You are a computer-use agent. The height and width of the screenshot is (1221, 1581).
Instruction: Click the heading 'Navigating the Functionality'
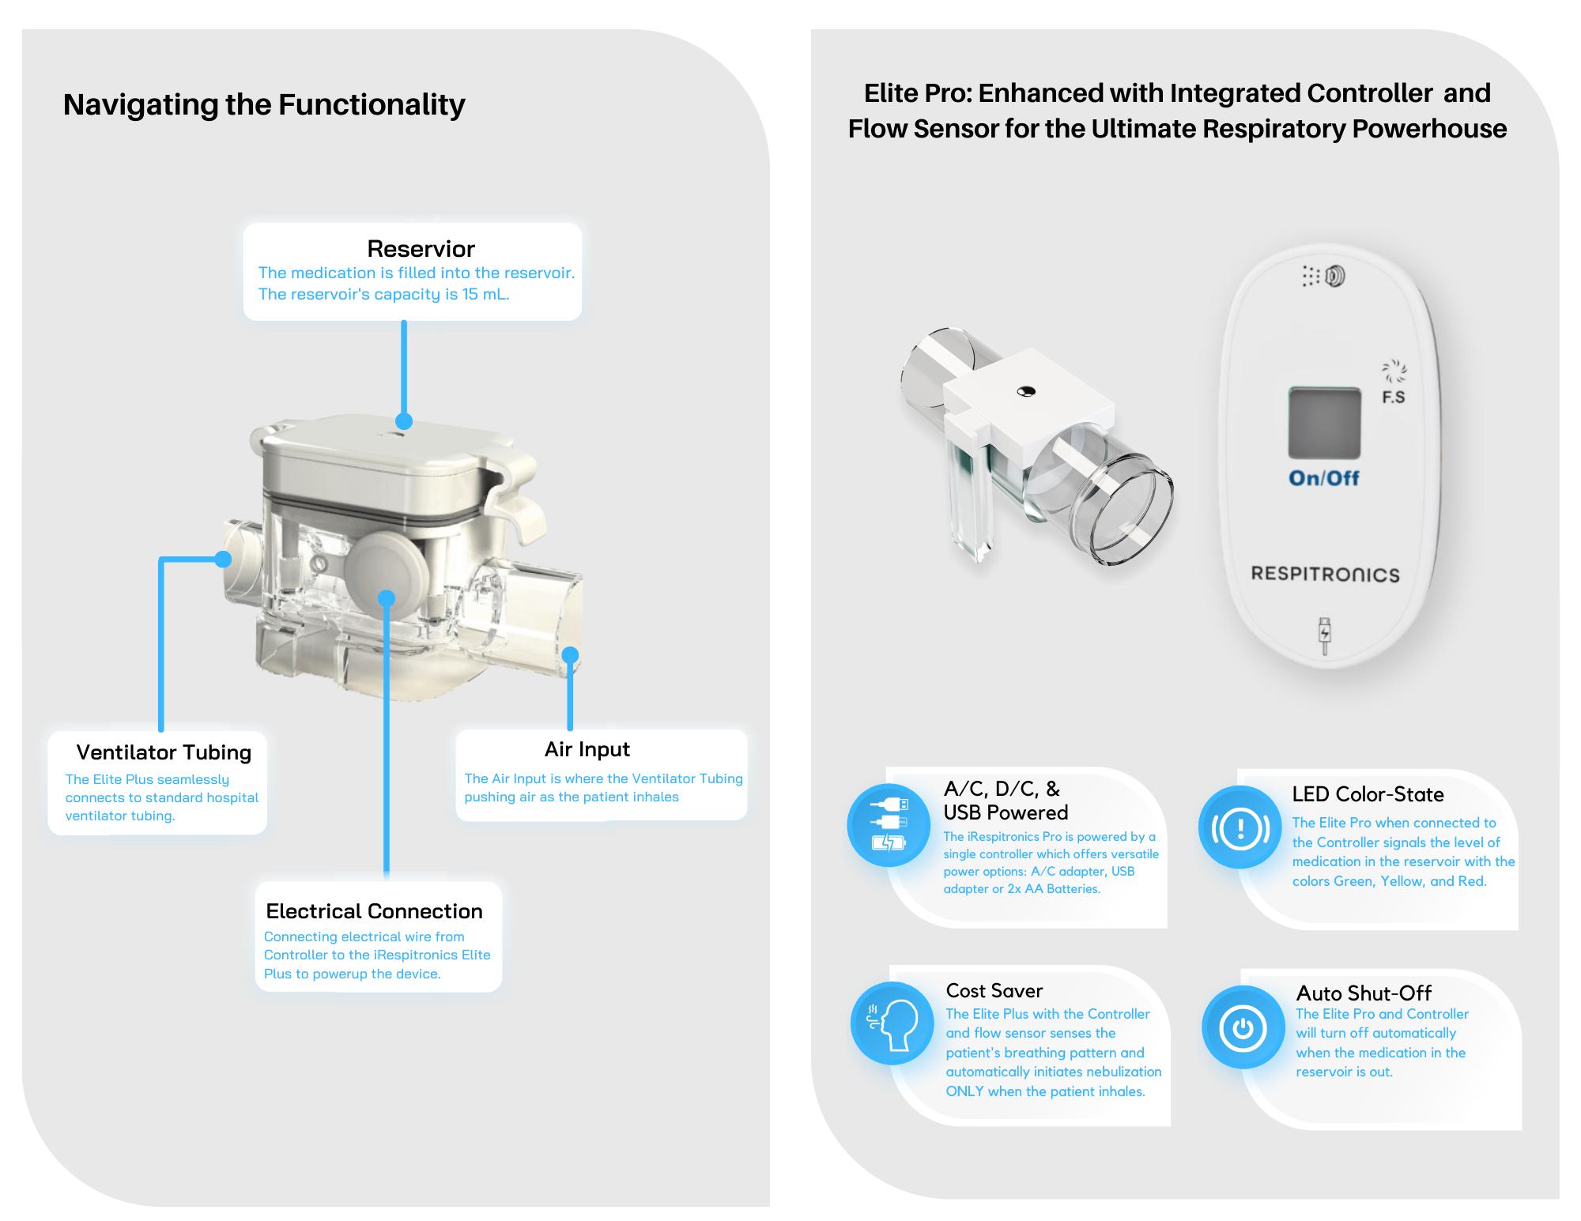[264, 104]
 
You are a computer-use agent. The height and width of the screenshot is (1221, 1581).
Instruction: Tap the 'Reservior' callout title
[421, 249]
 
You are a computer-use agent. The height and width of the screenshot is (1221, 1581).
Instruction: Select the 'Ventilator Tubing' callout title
[164, 752]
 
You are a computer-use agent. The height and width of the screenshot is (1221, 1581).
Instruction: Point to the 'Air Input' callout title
[587, 749]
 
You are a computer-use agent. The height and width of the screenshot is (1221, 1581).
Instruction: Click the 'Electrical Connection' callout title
[374, 911]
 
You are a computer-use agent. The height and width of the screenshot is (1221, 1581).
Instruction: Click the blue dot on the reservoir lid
[404, 420]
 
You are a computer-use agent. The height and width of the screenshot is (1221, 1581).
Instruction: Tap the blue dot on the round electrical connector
[386, 598]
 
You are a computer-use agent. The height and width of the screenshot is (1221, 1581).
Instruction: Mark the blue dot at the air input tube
[570, 655]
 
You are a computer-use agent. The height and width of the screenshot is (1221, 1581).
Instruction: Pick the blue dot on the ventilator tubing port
[223, 560]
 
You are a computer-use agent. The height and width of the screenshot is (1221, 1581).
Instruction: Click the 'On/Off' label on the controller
[1323, 478]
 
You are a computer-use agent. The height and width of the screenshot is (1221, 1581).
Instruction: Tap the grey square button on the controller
[1324, 423]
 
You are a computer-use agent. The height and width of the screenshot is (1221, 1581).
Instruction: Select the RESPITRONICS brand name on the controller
[1325, 575]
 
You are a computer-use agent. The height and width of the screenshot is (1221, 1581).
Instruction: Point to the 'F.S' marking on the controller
[1393, 398]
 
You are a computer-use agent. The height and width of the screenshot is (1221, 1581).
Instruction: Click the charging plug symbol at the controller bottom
[1325, 636]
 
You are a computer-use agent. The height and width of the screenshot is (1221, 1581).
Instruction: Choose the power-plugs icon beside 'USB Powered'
[889, 824]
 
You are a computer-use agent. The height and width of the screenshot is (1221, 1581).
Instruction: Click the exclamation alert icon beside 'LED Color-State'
[1240, 827]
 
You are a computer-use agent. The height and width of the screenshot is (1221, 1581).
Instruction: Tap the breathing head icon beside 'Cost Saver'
[892, 1024]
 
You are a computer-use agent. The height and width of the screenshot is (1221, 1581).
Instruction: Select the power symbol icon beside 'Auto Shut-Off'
[1243, 1027]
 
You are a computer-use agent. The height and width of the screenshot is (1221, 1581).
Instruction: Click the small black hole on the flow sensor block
[1026, 391]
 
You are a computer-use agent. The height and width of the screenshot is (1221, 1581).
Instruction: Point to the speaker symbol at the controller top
[1335, 276]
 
